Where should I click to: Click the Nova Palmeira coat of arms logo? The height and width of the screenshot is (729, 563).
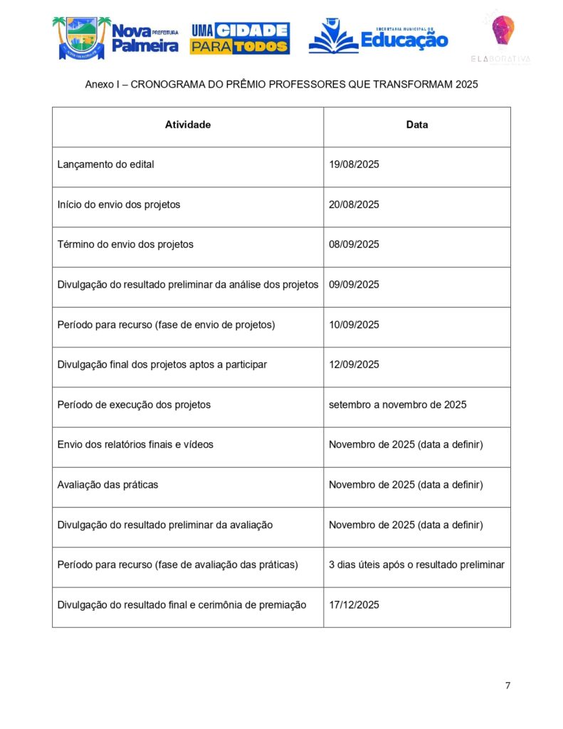(81, 38)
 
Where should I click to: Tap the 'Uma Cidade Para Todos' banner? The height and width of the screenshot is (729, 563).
(239, 38)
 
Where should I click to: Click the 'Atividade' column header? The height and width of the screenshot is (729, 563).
(188, 125)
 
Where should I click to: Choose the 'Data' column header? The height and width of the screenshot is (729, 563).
(417, 125)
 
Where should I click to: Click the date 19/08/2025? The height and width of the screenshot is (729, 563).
(354, 164)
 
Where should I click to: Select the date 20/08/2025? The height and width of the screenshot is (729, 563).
(354, 204)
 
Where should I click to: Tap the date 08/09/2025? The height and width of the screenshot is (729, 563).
(354, 244)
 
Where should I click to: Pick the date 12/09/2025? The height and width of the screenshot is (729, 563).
(354, 364)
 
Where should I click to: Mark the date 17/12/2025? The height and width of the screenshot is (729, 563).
(354, 604)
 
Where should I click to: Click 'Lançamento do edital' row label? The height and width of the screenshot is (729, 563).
(105, 164)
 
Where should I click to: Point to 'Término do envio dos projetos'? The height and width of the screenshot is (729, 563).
(125, 244)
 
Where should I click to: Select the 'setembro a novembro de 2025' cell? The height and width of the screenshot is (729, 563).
(397, 404)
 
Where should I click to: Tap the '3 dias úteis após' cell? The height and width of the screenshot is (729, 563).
(416, 565)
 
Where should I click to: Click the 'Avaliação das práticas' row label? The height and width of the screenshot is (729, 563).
(107, 485)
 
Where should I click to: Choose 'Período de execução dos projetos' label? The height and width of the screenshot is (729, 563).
(134, 404)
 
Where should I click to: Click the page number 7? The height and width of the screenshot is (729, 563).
(507, 686)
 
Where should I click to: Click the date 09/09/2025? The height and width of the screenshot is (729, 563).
(354, 285)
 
